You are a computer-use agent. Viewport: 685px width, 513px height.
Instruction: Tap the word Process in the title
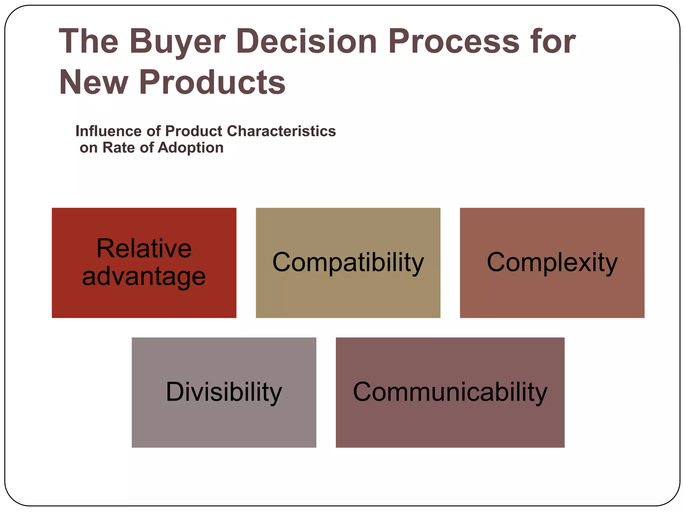tap(454, 41)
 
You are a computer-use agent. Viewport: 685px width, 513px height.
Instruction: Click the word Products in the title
tap(212, 82)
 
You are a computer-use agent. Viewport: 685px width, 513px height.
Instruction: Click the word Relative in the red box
tap(144, 248)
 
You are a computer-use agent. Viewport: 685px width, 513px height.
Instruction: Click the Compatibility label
tap(348, 263)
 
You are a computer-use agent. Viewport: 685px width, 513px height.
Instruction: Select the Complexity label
tap(552, 263)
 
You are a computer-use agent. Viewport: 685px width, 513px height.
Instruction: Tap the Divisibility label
tap(224, 392)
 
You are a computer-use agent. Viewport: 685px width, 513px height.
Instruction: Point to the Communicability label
tap(450, 392)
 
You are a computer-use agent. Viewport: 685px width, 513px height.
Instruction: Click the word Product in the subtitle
tap(194, 131)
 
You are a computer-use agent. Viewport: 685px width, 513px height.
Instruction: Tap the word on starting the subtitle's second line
tap(88, 148)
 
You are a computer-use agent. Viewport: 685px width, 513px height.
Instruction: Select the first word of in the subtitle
tap(154, 131)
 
